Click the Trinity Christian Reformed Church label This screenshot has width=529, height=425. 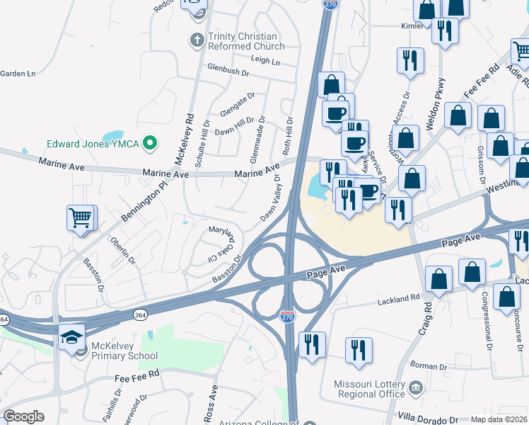coord(245,41)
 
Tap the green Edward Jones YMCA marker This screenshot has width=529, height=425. coord(149,143)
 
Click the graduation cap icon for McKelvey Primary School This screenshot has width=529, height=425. coord(72,338)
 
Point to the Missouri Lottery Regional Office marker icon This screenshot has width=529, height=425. coord(415,387)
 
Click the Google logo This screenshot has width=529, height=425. coord(23,416)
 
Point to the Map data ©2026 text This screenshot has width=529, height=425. coord(498,419)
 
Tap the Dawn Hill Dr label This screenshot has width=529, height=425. coord(234,127)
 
